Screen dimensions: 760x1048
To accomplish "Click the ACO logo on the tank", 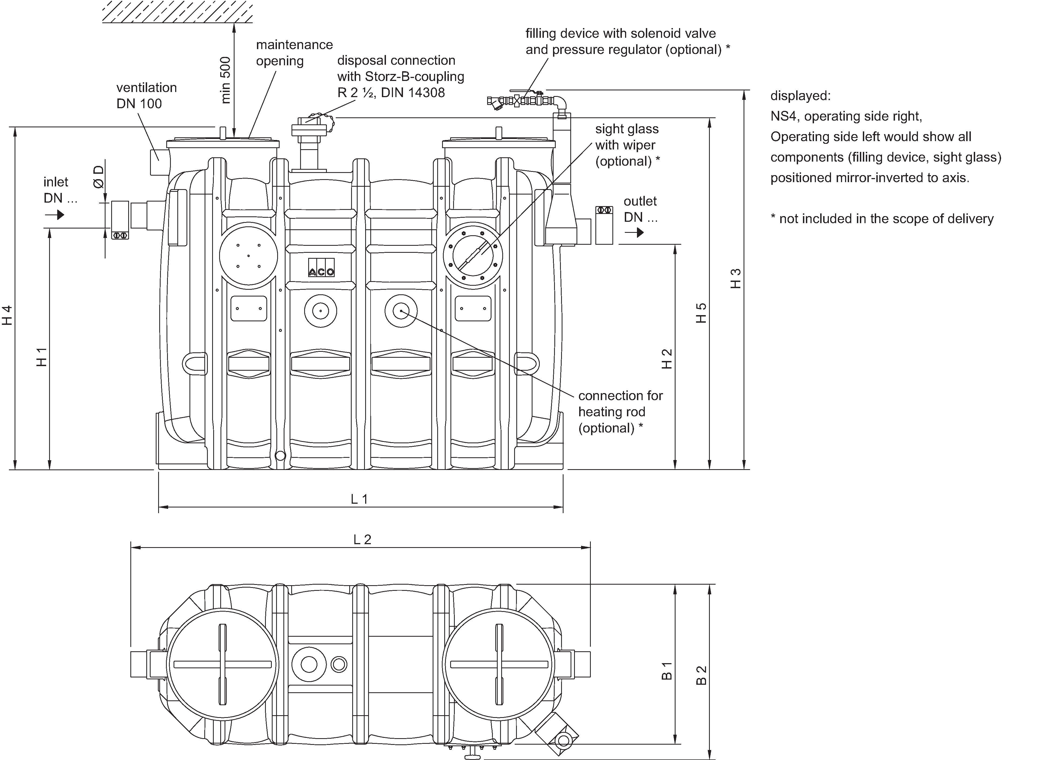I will coord(321,272).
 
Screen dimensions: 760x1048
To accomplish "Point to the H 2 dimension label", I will coord(667,359).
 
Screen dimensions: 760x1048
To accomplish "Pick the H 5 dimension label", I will coord(701,313).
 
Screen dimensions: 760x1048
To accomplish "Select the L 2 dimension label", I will coord(362,539).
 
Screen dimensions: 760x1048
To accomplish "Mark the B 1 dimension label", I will coord(667,671).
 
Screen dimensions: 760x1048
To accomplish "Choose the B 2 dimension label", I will coord(701,675).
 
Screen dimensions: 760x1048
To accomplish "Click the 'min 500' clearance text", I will coord(225,80).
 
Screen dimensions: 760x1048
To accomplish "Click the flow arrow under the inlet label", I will coord(55,215).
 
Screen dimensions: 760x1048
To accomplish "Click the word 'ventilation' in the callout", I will coord(147,87).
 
